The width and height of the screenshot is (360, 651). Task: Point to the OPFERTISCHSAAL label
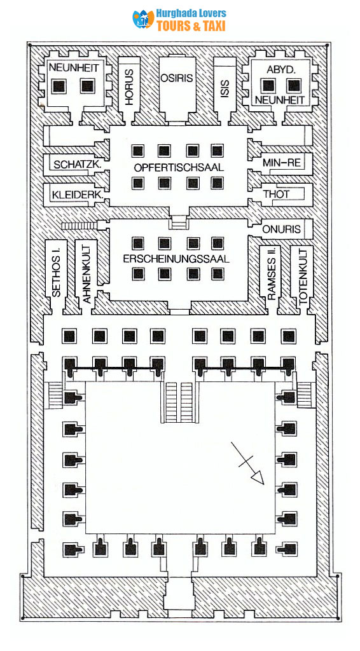pyautogui.click(x=179, y=167)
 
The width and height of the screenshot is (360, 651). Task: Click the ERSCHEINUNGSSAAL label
pyautogui.click(x=177, y=259)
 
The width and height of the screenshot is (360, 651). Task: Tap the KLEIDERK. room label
pyautogui.click(x=74, y=192)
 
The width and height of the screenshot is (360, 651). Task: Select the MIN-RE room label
pyautogui.click(x=281, y=163)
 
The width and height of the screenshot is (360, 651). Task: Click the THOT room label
pyautogui.click(x=278, y=192)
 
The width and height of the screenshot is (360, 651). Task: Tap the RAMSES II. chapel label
pyautogui.click(x=272, y=273)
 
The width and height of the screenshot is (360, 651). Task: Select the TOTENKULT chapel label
pyautogui.click(x=302, y=275)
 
